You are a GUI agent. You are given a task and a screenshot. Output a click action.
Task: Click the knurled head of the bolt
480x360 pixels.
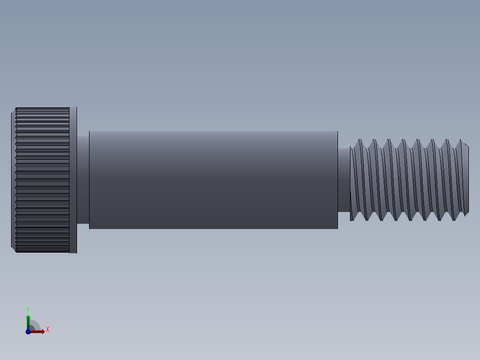pos(43,180)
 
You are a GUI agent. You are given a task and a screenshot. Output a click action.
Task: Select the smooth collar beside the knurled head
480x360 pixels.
pos(73,180)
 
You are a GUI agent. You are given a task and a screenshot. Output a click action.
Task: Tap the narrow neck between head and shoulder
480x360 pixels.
pos(83,180)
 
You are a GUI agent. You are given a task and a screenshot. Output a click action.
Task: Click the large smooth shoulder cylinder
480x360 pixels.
pos(213,180)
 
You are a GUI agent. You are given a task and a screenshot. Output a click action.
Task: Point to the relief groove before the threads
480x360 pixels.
pos(343,180)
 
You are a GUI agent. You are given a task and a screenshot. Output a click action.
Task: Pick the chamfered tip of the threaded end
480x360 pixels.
pos(466,180)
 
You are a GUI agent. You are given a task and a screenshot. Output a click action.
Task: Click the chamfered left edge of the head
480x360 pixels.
pos(13,180)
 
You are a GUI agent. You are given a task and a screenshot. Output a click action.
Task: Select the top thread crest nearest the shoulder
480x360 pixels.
pos(359,141)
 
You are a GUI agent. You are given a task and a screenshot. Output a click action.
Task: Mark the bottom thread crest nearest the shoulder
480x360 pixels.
pos(352,219)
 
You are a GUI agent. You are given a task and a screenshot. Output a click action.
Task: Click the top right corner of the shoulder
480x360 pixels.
pos(337,131)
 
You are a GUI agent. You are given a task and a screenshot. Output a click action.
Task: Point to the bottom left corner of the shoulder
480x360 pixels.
pos(89,228)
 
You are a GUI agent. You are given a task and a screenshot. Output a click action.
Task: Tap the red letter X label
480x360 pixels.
pos(47,330)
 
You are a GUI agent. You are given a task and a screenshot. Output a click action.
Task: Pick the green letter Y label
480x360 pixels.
pos(28,309)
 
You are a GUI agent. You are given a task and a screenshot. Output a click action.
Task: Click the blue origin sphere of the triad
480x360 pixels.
pos(28,331)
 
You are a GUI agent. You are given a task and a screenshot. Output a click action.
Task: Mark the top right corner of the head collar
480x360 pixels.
pos(77,107)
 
